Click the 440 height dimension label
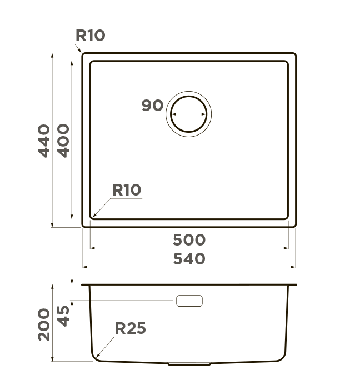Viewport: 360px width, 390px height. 44,141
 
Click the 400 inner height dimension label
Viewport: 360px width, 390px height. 63,141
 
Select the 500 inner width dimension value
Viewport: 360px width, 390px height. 189,240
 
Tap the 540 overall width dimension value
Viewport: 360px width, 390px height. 189,259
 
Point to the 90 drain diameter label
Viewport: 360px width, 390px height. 153,105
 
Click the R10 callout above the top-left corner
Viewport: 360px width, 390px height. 91,36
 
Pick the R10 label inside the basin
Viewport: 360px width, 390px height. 127,190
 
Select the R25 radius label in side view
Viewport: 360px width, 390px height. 131,328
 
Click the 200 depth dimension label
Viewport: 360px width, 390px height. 44,324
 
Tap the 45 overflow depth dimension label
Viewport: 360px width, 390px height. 63,316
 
